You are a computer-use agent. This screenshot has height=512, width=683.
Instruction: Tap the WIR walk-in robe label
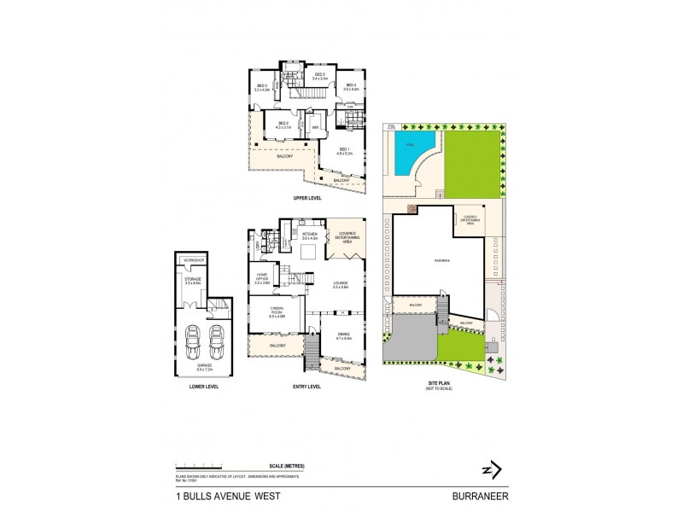pos(314,129)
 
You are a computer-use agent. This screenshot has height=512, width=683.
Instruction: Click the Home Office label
pos(262,277)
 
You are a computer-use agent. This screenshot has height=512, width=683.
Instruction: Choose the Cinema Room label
pos(277,311)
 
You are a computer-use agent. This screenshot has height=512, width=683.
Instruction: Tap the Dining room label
pos(343,336)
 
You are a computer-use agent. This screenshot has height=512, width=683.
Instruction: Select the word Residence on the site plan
pos(441,260)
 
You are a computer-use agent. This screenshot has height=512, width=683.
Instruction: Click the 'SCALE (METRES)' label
pos(288,465)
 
